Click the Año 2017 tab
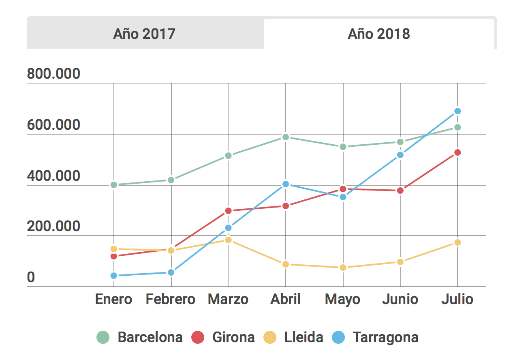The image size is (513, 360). point(144,34)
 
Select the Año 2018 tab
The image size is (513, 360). point(379,34)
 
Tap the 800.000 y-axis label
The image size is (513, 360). point(53,74)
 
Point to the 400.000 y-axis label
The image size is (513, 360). point(53,176)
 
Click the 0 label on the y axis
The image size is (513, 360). point(31,278)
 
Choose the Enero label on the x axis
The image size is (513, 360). point(113,299)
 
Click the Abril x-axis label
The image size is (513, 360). point(286,299)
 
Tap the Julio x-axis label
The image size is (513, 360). point(457,299)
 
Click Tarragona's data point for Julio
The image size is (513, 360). point(457,111)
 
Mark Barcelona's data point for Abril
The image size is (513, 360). point(286,137)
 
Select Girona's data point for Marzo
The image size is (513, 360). point(228,211)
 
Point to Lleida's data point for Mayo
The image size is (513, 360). point(343,268)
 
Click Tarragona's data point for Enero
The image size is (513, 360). point(114,276)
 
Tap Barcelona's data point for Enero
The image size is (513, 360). point(114,185)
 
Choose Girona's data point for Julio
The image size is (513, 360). point(457,152)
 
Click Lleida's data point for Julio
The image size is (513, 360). point(457,242)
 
